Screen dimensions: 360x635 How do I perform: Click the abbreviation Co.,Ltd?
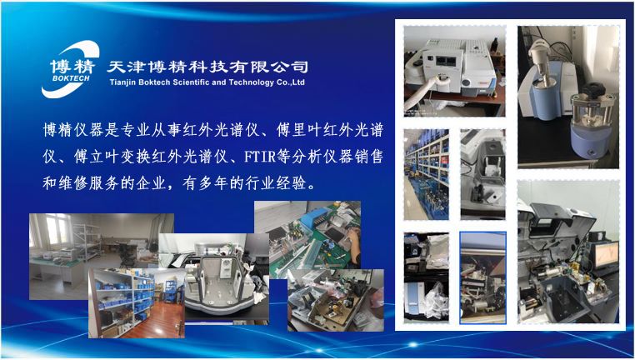[x=293, y=82]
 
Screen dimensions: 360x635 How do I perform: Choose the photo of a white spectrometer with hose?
[x=454, y=71]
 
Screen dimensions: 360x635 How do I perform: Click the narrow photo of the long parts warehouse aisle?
[x=426, y=172]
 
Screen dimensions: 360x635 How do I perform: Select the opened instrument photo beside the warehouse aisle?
[x=482, y=173]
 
